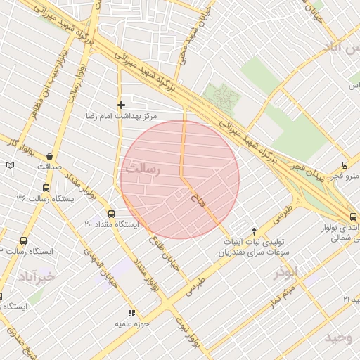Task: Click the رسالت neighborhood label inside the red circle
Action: pos(143,169)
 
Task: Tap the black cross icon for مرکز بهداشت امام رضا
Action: pos(121,105)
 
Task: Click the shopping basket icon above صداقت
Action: pos(50,155)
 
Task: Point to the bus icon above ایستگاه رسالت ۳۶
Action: pos(46,188)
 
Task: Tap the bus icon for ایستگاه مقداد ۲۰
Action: pos(111,214)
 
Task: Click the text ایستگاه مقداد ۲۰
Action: pos(112,224)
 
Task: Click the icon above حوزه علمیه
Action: pos(130,313)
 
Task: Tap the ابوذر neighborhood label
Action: pos(286,274)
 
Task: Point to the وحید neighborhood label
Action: pos(338,338)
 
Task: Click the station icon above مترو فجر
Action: pos(345,165)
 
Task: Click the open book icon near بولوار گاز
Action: pos(9,165)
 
